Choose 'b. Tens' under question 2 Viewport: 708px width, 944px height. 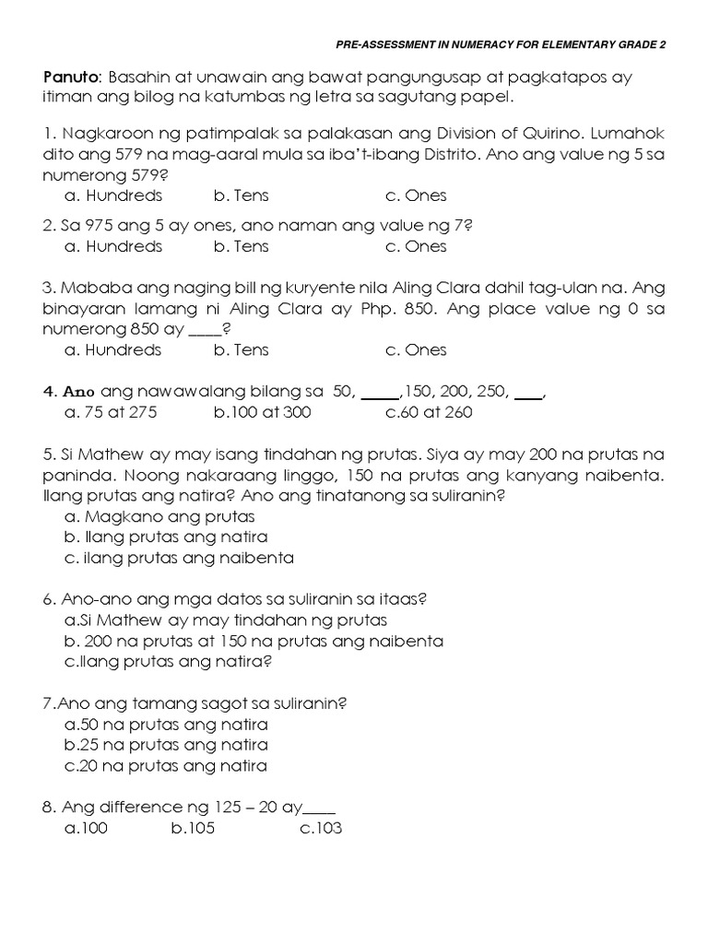click(x=241, y=246)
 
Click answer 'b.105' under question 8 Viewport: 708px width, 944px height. click(x=194, y=828)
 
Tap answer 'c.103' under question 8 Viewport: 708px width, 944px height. click(x=321, y=828)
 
